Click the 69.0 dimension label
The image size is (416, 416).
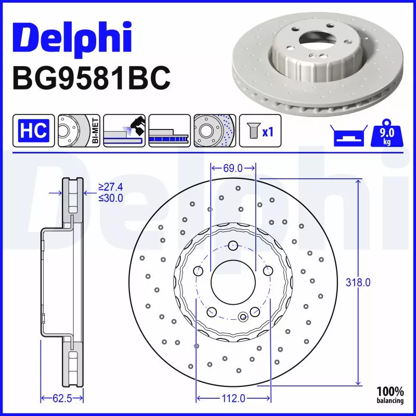point(232,168)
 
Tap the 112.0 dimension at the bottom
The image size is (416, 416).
point(233,398)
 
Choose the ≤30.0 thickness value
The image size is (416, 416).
point(110,198)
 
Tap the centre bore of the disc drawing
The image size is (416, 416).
point(232,280)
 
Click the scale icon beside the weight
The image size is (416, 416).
point(347,137)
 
